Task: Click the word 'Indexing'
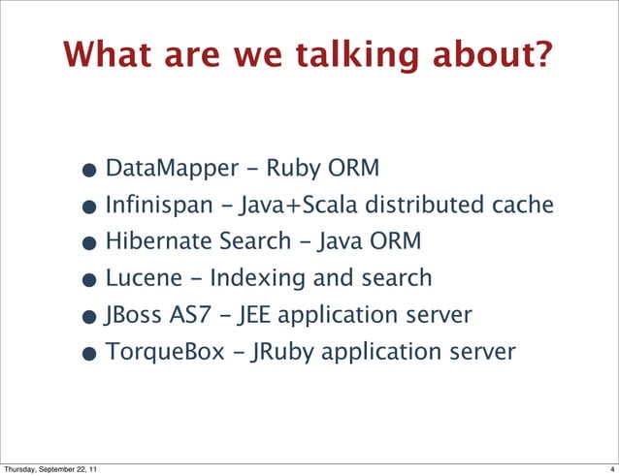[x=252, y=278]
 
